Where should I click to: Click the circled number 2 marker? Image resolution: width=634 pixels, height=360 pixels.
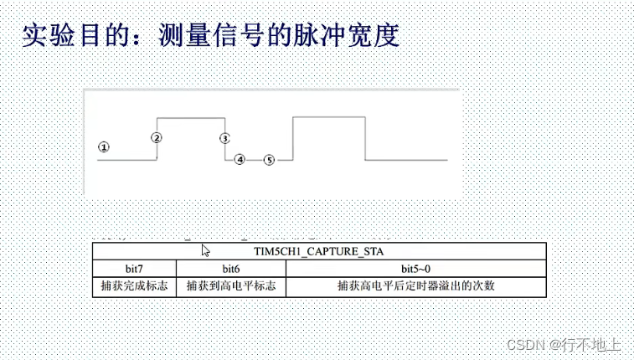157,137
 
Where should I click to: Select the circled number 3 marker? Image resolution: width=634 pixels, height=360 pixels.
224,137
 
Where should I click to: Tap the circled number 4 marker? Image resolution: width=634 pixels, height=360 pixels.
240,159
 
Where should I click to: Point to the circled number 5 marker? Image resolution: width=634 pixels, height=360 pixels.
269,159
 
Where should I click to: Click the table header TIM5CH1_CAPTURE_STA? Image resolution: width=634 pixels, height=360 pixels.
319,250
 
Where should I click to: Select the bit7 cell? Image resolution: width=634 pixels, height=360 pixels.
134,268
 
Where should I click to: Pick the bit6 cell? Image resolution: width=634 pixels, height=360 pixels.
231,268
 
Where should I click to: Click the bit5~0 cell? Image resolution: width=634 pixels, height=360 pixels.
416,268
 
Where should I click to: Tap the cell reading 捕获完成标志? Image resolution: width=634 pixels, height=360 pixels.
134,286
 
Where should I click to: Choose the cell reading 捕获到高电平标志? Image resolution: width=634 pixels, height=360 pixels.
231,286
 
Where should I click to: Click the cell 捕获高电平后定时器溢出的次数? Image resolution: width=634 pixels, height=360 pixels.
416,286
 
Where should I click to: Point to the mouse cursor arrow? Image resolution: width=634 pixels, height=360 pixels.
205,249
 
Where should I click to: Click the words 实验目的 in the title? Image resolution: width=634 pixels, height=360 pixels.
63,34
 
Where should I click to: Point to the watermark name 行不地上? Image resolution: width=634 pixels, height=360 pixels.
591,344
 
